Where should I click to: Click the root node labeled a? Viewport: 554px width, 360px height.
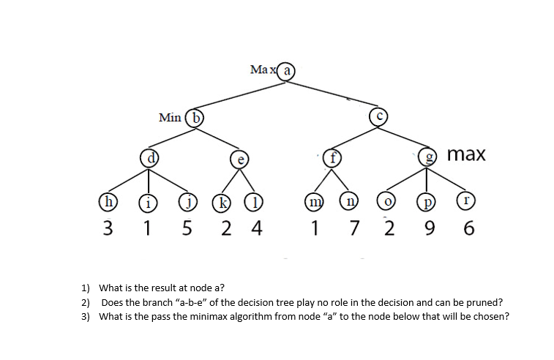coord(287,71)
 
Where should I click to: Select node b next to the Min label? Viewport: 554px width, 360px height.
coord(195,117)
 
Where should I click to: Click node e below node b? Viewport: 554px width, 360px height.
coord(238,159)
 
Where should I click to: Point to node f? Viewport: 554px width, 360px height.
coord(334,157)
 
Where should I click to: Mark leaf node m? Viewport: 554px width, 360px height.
coord(314,203)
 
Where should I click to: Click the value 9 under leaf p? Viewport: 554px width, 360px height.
coord(430,229)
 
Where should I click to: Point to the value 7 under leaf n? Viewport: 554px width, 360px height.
coord(354,229)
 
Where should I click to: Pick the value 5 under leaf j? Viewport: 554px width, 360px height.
coord(187,229)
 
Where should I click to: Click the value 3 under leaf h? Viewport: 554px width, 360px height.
coord(108,229)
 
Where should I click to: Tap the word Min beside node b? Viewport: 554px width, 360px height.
coord(170,117)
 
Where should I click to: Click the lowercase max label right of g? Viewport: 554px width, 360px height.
coord(465,155)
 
